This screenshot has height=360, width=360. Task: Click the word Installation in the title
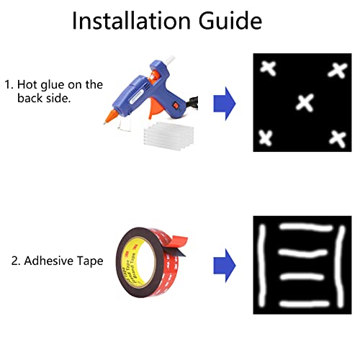[x=131, y=20]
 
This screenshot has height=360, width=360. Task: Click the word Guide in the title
[x=230, y=20]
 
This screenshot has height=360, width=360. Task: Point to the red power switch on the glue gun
[x=176, y=105]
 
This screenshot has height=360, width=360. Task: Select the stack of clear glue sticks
[x=168, y=135]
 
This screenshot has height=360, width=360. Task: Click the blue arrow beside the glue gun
[x=225, y=104]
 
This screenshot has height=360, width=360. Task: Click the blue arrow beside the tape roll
[x=225, y=266]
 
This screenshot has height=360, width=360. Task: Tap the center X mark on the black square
[x=305, y=102]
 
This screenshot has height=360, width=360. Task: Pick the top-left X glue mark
[x=269, y=68]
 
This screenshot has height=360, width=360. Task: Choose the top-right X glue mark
[x=338, y=71]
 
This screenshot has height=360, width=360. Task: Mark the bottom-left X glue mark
[x=265, y=138]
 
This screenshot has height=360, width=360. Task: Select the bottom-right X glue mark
[x=338, y=139]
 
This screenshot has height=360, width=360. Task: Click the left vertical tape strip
[x=261, y=265]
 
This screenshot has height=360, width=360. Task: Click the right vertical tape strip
[x=341, y=266]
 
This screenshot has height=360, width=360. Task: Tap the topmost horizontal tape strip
[x=306, y=227]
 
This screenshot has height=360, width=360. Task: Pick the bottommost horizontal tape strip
[x=305, y=304]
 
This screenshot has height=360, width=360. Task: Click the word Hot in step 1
[x=27, y=84]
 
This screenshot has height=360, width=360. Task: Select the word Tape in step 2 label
[x=90, y=261]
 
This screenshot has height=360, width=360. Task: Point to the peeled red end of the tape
[x=178, y=243]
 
